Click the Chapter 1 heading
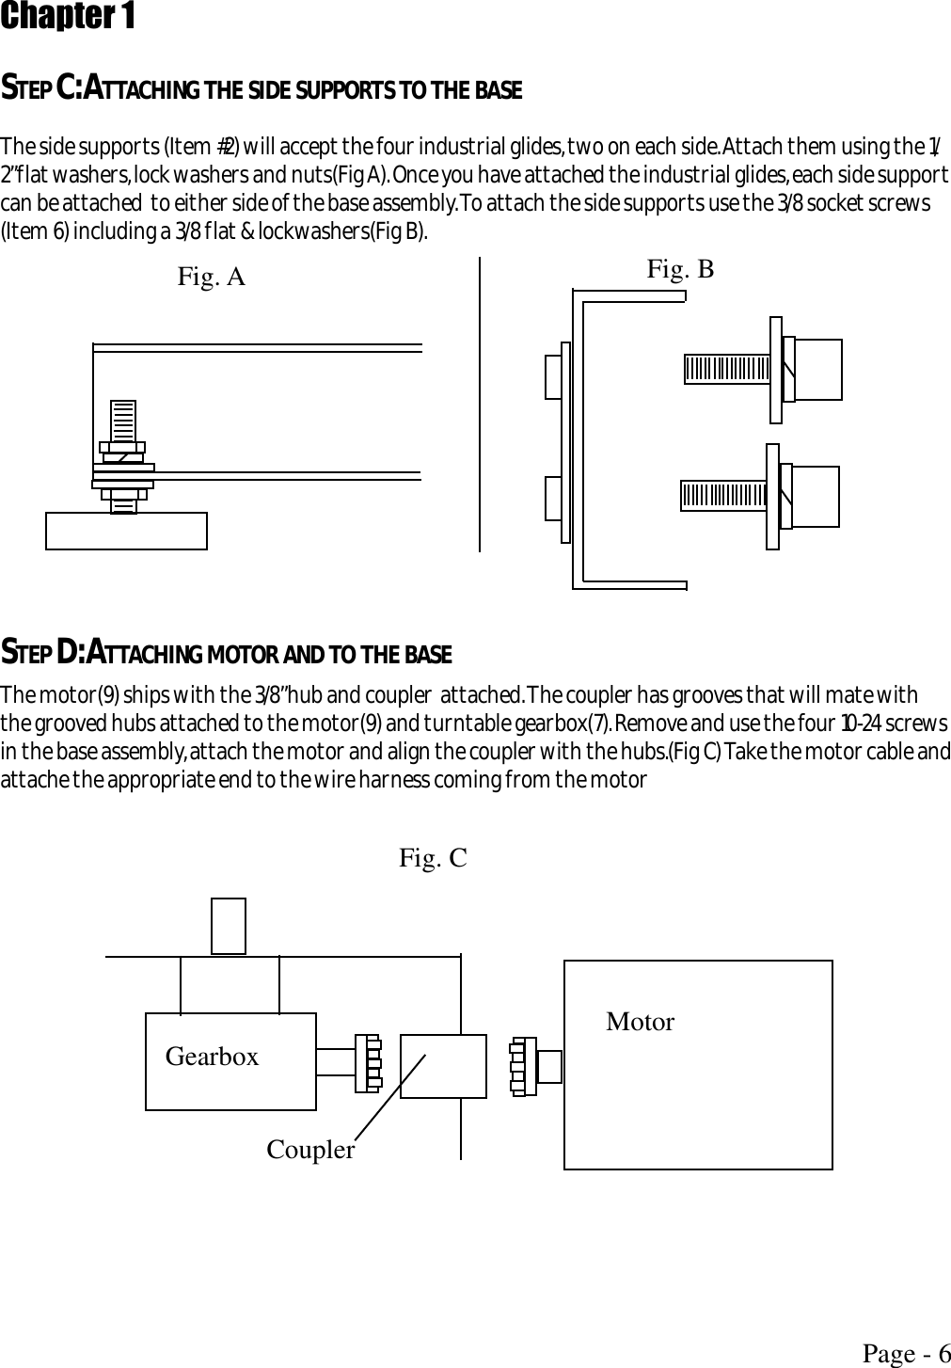(x=68, y=17)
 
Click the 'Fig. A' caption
(x=212, y=277)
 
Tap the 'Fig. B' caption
(x=680, y=270)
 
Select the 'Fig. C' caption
(x=433, y=858)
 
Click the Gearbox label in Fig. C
(x=212, y=1057)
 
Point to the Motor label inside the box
(x=640, y=1022)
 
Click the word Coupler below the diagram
(x=310, y=1150)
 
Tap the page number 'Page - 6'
(x=906, y=1354)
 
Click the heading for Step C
(x=262, y=90)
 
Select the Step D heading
(x=227, y=652)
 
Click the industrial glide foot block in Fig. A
(x=126, y=531)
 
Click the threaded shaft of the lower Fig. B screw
(x=723, y=496)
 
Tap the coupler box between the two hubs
(x=443, y=1066)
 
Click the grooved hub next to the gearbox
(x=368, y=1063)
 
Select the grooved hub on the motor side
(x=522, y=1067)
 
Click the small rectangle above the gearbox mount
(x=229, y=926)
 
